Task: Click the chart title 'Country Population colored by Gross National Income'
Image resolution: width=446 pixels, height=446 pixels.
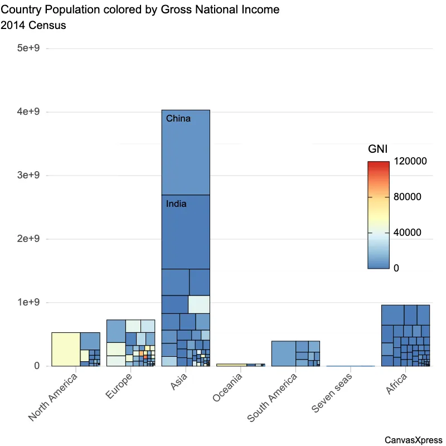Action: pos(140,10)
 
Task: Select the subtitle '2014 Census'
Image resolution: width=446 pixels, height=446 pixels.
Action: pos(34,26)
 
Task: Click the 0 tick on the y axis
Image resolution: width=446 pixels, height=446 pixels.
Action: pos(37,366)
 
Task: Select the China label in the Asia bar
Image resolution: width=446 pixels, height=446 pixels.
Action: pos(178,119)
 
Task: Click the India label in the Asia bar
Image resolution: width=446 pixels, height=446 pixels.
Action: pos(177,204)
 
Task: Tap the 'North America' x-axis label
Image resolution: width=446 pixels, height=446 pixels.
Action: pos(54,397)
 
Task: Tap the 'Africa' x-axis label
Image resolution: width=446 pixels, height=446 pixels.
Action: pos(397,384)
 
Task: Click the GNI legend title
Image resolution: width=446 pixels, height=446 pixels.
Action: pos(378,149)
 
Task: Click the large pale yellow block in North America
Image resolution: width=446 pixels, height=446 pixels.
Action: pos(66,349)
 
